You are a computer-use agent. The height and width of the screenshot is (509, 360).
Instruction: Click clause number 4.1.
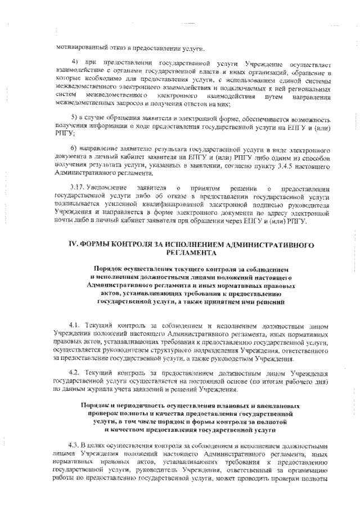75,326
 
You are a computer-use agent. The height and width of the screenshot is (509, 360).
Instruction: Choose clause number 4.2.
75,373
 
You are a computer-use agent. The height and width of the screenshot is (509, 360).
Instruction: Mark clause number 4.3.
75,445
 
